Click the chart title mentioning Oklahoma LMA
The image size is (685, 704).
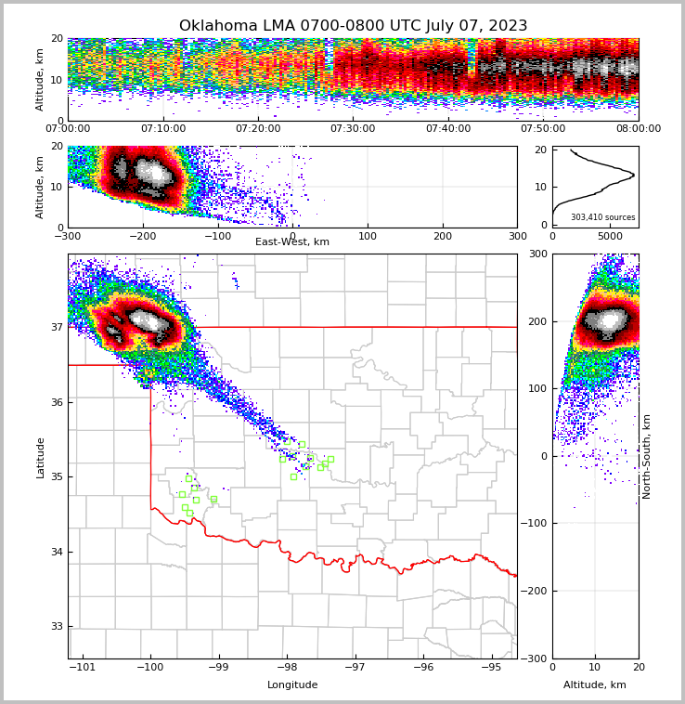[353, 26]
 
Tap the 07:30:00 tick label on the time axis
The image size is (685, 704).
[353, 129]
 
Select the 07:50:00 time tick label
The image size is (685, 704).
[543, 129]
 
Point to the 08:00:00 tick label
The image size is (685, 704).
[638, 129]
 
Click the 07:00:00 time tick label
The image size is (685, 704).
[68, 129]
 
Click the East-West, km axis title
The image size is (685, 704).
[292, 242]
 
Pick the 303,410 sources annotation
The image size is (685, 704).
[602, 217]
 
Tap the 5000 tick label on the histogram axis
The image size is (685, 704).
[610, 236]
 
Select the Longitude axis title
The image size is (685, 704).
[292, 685]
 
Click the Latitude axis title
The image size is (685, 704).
[41, 457]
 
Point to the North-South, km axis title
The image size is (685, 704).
[647, 456]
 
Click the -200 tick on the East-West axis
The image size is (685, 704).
[142, 236]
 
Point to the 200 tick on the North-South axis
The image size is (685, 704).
[536, 321]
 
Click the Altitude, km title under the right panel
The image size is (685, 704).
[595, 685]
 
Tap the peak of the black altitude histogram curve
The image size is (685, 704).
[634, 175]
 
